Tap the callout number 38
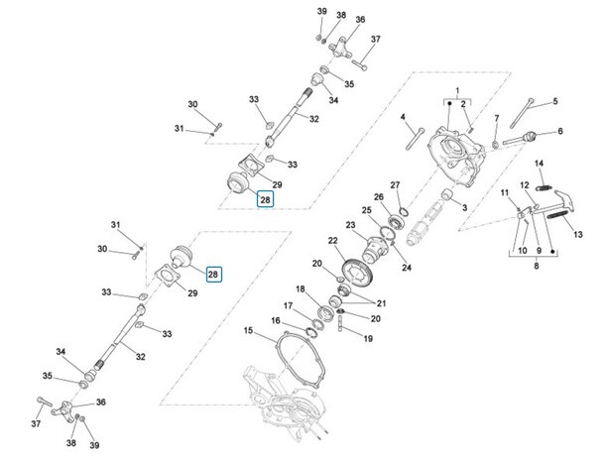[341, 16]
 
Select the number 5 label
[554, 101]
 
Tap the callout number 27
[394, 185]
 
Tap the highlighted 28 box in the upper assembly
[265, 199]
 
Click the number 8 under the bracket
[524, 266]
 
